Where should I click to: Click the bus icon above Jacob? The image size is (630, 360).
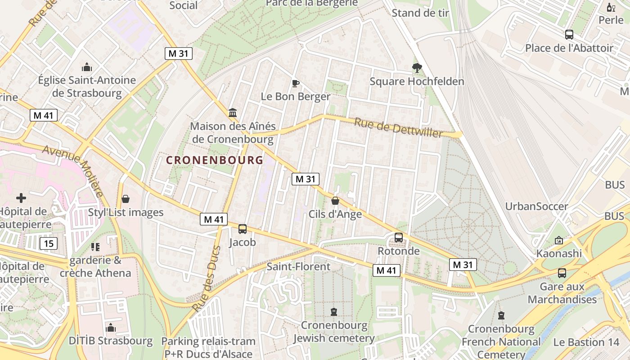click(243, 229)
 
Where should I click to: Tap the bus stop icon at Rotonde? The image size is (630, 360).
click(398, 237)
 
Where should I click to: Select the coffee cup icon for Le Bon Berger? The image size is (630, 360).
click(295, 83)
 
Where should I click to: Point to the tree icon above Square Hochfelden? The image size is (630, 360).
click(417, 68)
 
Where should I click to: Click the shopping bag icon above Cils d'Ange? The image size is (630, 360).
click(335, 201)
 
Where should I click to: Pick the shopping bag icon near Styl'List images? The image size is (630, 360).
click(126, 198)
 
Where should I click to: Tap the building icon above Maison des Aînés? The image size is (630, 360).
click(233, 112)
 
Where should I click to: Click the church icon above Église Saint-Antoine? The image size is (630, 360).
click(87, 67)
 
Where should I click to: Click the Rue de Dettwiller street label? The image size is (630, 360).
click(398, 128)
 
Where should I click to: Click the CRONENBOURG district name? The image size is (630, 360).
click(215, 160)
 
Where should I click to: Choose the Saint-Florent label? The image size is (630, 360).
click(298, 266)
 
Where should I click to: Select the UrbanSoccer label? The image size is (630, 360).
click(536, 207)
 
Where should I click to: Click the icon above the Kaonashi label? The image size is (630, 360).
click(559, 240)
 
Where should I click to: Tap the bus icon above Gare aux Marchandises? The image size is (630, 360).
click(562, 273)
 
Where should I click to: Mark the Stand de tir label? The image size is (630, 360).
click(420, 13)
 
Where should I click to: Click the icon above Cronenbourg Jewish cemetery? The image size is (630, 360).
click(334, 311)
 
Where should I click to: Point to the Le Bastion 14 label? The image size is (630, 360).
click(586, 342)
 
